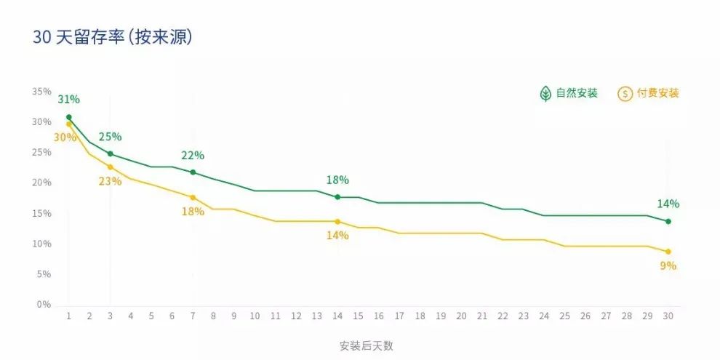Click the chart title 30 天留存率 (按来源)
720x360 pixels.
[x=113, y=38]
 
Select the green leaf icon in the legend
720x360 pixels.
[x=545, y=94]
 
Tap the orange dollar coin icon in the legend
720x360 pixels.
[x=625, y=94]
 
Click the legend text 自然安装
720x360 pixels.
[x=577, y=94]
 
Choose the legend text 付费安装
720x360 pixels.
[x=657, y=94]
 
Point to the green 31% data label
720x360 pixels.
[x=69, y=100]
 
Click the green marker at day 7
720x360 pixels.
[x=193, y=172]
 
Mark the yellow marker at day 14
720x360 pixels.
[x=337, y=221]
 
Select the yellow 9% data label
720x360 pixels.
[x=668, y=266]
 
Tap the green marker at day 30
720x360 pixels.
[x=668, y=221]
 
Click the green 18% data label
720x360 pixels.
[x=337, y=180]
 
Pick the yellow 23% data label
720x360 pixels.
[x=110, y=181]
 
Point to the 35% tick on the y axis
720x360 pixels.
[x=41, y=92]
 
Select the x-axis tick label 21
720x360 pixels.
[x=481, y=317]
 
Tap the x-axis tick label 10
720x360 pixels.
[x=255, y=317]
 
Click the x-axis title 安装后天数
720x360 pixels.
[x=366, y=345]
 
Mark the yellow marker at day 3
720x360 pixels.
[x=110, y=167]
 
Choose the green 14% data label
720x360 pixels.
[x=668, y=204]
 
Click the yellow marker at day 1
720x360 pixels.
[x=69, y=124]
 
